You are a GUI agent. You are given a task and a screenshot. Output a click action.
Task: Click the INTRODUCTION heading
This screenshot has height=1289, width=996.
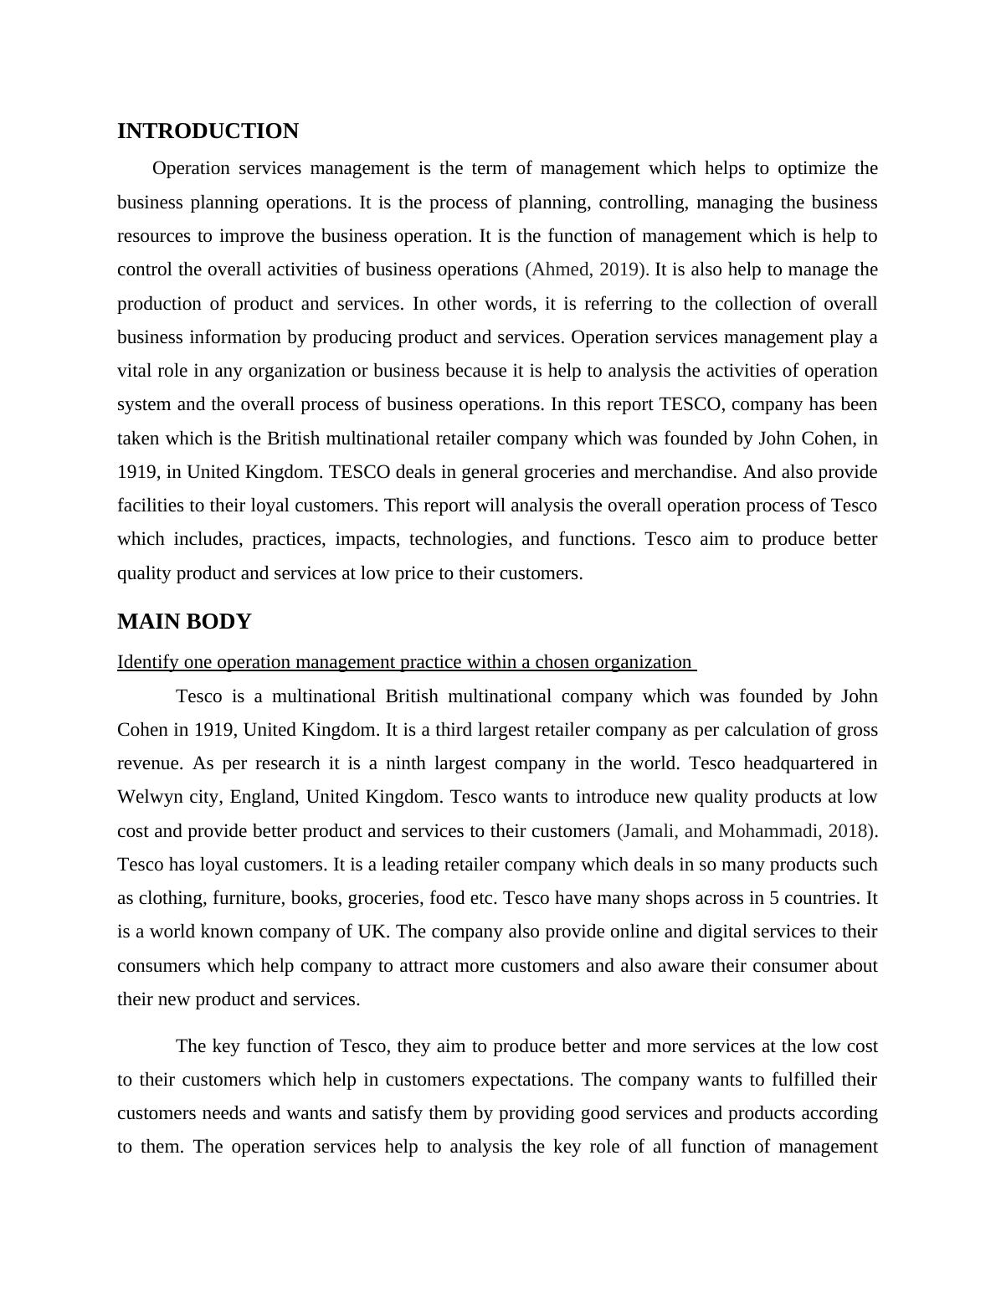point(208,131)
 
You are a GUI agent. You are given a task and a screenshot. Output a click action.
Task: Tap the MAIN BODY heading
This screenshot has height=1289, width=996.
point(184,622)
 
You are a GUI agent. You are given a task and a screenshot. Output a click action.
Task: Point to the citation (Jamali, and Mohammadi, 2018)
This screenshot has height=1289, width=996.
point(747,831)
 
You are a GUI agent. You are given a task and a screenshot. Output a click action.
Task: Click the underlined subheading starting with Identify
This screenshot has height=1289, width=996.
point(405,662)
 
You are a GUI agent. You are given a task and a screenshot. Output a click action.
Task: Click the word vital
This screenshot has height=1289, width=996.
point(134,371)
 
